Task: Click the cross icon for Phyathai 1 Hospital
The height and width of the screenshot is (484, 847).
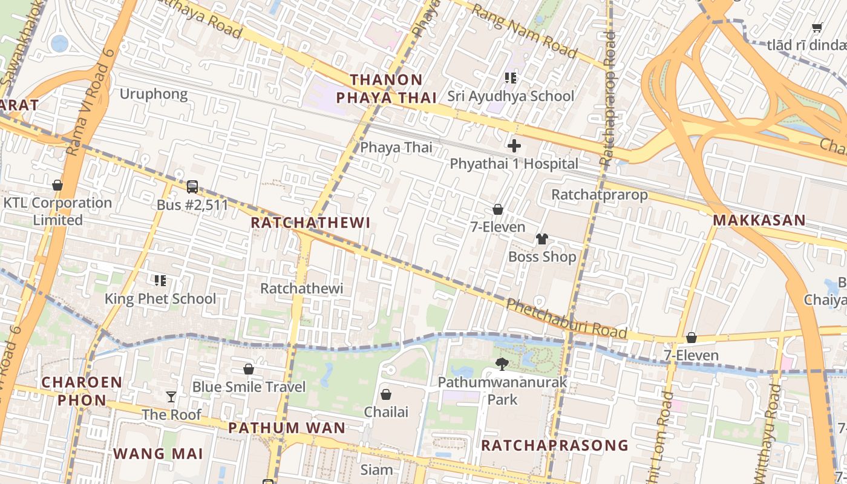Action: (514, 146)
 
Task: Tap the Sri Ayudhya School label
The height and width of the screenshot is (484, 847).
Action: (511, 96)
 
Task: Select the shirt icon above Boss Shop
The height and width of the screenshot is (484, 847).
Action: (541, 239)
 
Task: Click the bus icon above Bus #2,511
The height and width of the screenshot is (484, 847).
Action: (192, 187)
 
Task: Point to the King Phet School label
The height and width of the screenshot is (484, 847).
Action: (160, 299)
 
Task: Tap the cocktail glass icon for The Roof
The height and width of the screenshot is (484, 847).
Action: (172, 397)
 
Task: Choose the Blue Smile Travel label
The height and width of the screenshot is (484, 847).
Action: (249, 387)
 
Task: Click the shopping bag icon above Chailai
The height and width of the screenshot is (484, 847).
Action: (386, 394)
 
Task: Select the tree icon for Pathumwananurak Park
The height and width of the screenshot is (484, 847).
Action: (502, 364)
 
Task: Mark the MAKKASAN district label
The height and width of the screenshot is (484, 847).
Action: (759, 220)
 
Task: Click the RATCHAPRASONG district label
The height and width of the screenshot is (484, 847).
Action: (555, 446)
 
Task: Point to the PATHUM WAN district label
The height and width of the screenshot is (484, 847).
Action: (287, 428)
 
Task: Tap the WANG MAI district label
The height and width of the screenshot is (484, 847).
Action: (159, 454)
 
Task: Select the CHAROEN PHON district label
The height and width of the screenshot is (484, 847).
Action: (82, 391)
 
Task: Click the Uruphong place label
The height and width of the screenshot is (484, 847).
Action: (154, 94)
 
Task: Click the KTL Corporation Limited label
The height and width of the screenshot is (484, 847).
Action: (58, 211)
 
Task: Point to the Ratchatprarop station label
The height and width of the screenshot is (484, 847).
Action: (600, 195)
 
